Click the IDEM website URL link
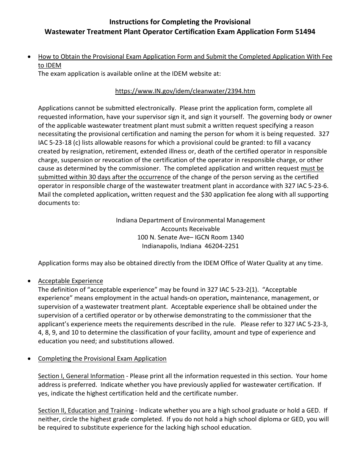pyautogui.click(x=185, y=91)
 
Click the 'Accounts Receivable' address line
pyautogui.click(x=190, y=229)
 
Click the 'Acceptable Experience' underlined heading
pyautogui.click(x=70, y=281)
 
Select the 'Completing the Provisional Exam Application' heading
pyautogui.click(x=102, y=358)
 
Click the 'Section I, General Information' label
pyautogui.click(x=81, y=376)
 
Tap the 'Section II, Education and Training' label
pyautogui.click(x=86, y=410)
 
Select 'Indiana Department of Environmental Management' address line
pyautogui.click(x=190, y=220)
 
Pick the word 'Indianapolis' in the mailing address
pyautogui.click(x=159, y=246)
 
